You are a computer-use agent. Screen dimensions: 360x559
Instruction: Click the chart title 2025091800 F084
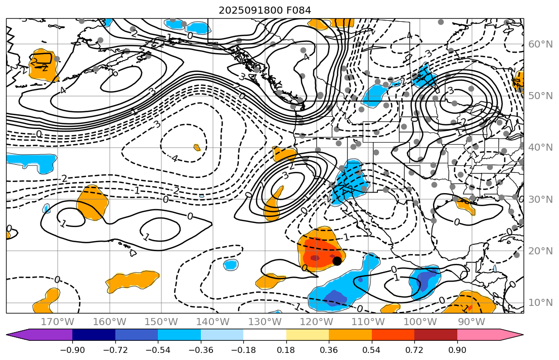(x=265, y=10)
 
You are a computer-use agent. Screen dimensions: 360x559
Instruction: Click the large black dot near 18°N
(x=337, y=261)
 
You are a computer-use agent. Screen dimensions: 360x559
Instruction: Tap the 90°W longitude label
(x=471, y=322)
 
